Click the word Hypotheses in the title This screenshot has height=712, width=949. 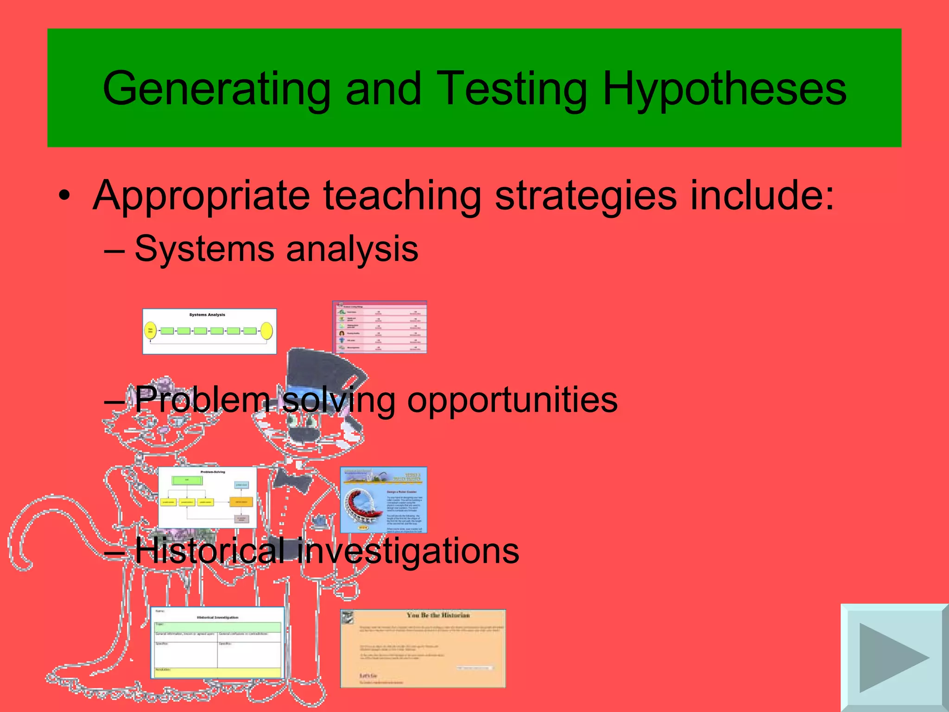[x=724, y=89]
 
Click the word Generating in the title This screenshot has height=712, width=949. [x=216, y=89]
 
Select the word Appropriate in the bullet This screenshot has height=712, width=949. [x=201, y=196]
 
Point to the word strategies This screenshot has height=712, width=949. [x=585, y=196]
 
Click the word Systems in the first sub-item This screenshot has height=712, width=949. [x=204, y=249]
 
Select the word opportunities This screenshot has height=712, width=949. [x=512, y=400]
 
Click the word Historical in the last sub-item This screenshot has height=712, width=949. [x=209, y=551]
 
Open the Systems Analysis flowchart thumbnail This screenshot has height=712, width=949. [x=209, y=331]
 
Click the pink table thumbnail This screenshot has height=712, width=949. [x=380, y=327]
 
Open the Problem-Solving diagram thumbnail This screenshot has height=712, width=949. [x=208, y=497]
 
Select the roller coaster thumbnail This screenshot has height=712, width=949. [x=384, y=500]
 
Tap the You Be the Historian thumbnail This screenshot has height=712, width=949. [x=423, y=648]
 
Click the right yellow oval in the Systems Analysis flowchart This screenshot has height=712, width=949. [x=266, y=331]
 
